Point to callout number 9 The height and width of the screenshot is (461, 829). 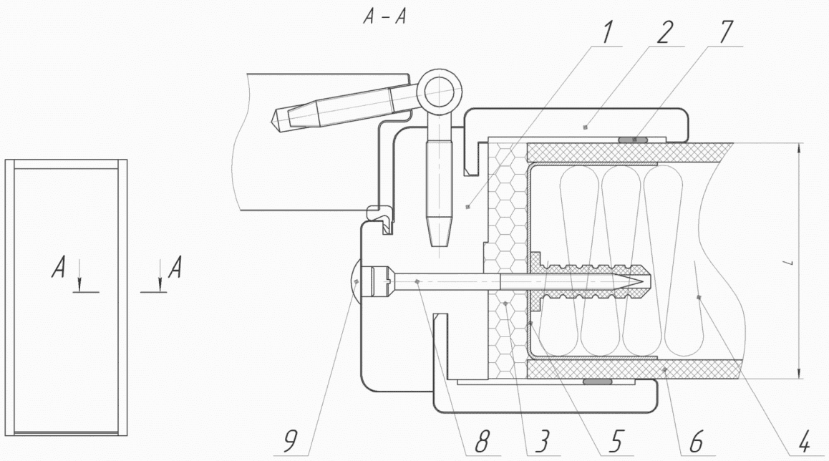(x=290, y=442)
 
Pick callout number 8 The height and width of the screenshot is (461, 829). (x=481, y=442)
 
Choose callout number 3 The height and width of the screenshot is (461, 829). (x=543, y=442)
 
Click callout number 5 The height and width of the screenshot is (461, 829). (x=615, y=442)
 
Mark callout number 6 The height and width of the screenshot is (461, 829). (x=697, y=442)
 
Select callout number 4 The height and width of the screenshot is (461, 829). (x=803, y=442)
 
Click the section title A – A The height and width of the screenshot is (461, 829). (x=384, y=17)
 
